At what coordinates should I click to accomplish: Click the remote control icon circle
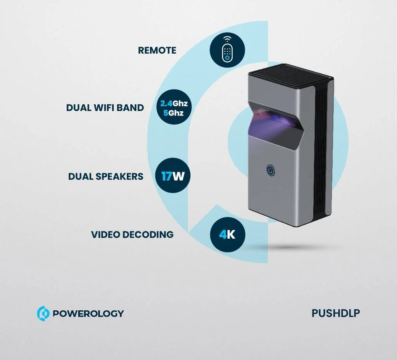(x=227, y=49)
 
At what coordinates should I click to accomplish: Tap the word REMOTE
(x=157, y=50)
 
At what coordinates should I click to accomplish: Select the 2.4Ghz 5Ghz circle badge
(x=174, y=107)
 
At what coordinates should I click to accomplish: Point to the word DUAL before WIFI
(x=79, y=108)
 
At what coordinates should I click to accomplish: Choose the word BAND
(x=132, y=108)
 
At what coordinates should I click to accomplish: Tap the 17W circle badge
(x=173, y=175)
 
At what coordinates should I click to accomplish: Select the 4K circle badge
(x=228, y=234)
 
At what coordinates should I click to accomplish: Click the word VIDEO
(x=105, y=234)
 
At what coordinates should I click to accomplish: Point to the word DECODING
(x=148, y=234)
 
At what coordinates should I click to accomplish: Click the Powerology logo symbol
(x=43, y=313)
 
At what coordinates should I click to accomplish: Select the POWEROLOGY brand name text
(x=88, y=313)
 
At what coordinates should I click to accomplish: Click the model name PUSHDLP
(x=335, y=313)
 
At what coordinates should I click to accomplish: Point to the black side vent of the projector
(x=321, y=152)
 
